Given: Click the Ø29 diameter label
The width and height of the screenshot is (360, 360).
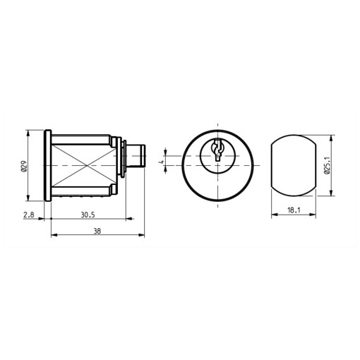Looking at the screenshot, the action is pyautogui.click(x=24, y=166).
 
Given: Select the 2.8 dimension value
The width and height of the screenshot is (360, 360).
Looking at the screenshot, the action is pyautogui.click(x=29, y=215).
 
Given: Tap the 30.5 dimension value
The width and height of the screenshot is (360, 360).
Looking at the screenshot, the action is pyautogui.click(x=88, y=215).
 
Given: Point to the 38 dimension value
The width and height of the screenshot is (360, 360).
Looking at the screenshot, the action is pyautogui.click(x=97, y=231).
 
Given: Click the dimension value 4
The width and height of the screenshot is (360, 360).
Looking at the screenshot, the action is pyautogui.click(x=162, y=162).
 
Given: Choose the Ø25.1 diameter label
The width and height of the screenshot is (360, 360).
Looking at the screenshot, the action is pyautogui.click(x=328, y=166).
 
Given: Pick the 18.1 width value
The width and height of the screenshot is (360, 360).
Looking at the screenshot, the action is pyautogui.click(x=294, y=210).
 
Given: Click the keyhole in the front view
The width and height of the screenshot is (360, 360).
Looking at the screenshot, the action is pyautogui.click(x=217, y=150).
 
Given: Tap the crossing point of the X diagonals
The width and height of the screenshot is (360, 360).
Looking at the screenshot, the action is pyautogui.click(x=87, y=166).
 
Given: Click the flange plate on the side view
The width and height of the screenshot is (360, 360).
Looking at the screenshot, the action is pyautogui.click(x=47, y=165).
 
